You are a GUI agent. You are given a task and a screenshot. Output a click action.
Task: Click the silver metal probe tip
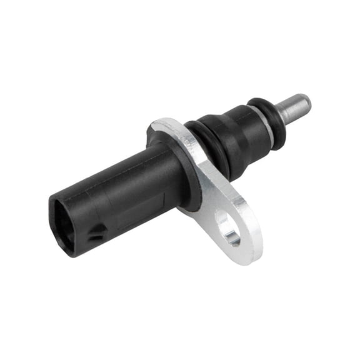point(292,109)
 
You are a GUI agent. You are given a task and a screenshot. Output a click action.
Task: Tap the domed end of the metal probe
point(306,101)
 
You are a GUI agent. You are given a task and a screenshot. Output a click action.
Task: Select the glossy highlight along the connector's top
point(106,178)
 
